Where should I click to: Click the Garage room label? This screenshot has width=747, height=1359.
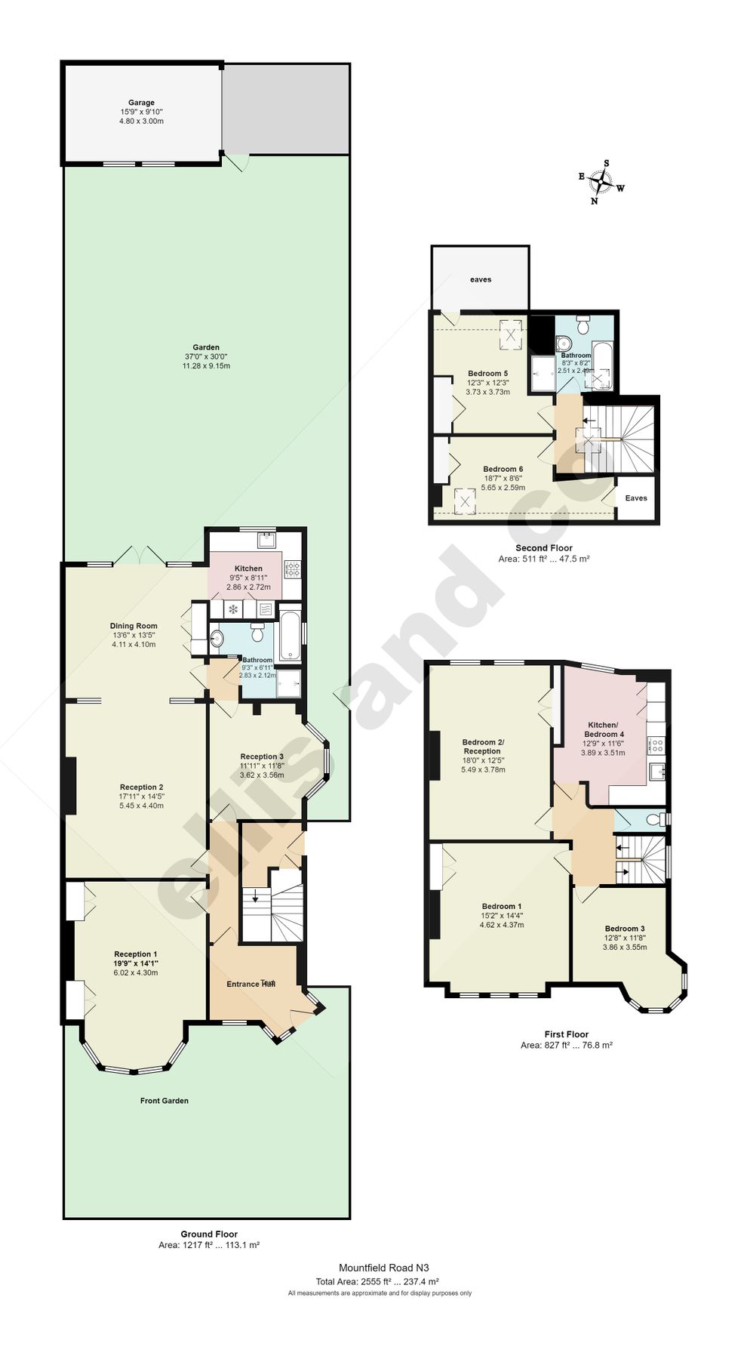coord(141,103)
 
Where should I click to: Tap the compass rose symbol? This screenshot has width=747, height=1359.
coord(601,182)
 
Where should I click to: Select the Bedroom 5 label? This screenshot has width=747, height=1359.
coord(487,374)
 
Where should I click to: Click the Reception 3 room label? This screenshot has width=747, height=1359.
coord(262,757)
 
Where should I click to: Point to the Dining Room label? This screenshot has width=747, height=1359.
coord(134,626)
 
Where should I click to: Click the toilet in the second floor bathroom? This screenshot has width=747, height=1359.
coord(582,327)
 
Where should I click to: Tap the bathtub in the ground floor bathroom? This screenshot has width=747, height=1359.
coord(290,636)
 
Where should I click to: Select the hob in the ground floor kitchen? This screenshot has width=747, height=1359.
coord(292,569)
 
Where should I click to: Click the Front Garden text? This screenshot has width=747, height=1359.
coord(164,1101)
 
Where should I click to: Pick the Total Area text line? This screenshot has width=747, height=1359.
coord(377,1281)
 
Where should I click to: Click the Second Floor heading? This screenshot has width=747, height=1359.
coord(543,548)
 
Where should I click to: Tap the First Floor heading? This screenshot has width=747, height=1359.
coord(566,1034)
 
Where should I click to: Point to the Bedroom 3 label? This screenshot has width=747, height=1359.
coord(625,929)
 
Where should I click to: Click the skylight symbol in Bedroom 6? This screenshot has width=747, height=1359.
coord(466,499)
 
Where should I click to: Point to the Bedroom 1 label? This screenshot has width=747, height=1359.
coord(502,906)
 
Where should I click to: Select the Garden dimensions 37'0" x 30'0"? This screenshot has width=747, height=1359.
coord(206,357)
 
